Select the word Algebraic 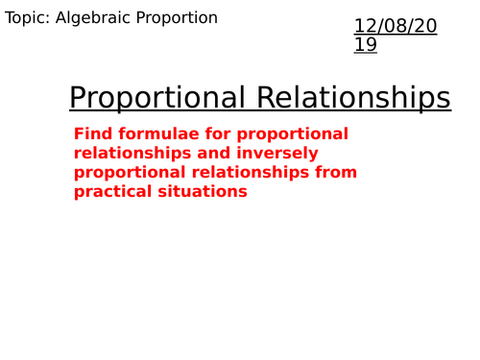tap(101, 18)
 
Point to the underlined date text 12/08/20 tap(396, 27)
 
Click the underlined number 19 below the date tap(367, 45)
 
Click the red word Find tap(91, 133)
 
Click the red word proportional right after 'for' tap(292, 133)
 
